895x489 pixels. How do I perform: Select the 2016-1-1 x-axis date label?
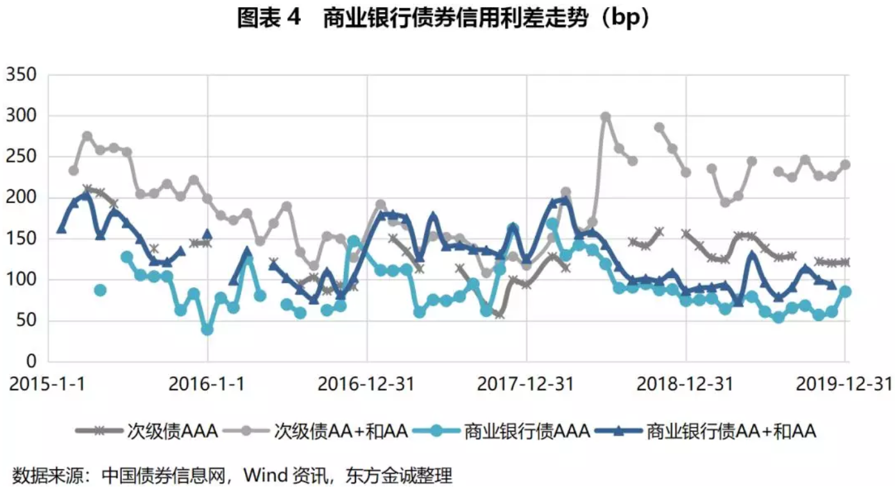point(207,384)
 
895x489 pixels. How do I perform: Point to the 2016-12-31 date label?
point(366,384)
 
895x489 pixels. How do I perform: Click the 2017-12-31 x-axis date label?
point(526,384)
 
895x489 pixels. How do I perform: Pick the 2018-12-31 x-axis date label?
point(685,384)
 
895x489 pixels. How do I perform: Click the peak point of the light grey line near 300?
point(605,117)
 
